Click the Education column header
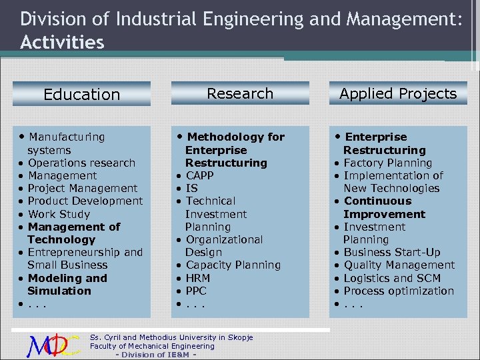click(x=81, y=95)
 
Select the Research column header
click(x=240, y=93)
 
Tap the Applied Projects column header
click(x=398, y=93)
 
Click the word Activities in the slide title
click(x=62, y=43)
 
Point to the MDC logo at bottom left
click(x=53, y=345)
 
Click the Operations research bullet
click(x=81, y=163)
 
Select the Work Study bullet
click(x=59, y=214)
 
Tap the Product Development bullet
click(x=85, y=201)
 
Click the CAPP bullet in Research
click(x=199, y=175)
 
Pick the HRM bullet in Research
click(x=198, y=278)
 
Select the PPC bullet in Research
click(x=197, y=291)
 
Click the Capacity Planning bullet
click(x=233, y=265)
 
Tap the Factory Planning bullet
click(x=387, y=163)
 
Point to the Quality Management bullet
click(x=399, y=265)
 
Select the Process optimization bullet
click(x=398, y=291)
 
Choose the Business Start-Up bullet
click(x=391, y=252)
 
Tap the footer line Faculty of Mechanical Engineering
click(x=152, y=346)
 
